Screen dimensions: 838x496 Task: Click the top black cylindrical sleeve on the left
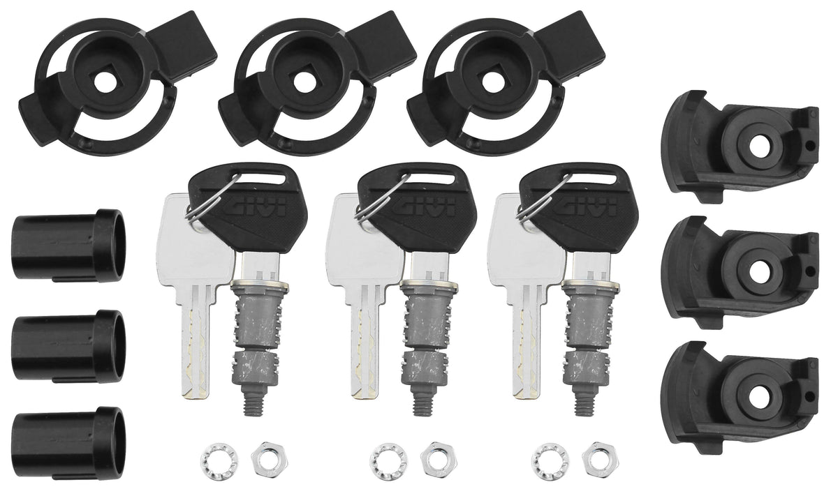69,245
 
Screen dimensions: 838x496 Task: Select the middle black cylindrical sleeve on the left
69,346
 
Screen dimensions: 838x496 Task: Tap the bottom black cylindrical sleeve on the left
69,443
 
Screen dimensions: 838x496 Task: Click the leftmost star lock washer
219,461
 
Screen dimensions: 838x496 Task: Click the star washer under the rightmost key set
550,461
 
